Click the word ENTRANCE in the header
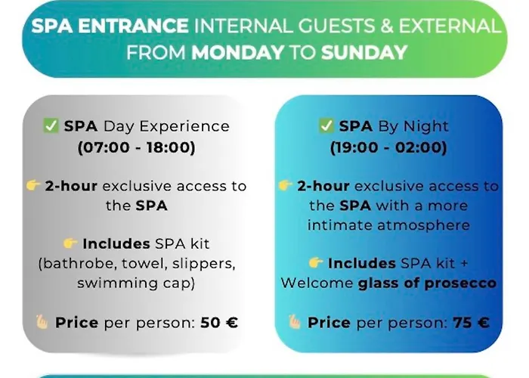point(133,26)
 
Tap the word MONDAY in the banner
point(238,52)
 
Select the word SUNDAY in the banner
point(364,52)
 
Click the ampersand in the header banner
point(387,26)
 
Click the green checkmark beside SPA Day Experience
point(51,125)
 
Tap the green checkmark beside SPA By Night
point(326,125)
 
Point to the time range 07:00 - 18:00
point(136,147)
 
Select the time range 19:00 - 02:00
point(388,147)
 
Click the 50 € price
point(219,322)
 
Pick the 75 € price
point(471,322)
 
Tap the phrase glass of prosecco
point(427,283)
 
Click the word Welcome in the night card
point(317,283)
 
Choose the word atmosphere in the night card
point(423,225)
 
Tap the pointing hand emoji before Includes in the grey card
point(70,243)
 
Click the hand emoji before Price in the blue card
point(295,322)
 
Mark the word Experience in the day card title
point(184,126)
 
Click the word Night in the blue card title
point(426,126)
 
